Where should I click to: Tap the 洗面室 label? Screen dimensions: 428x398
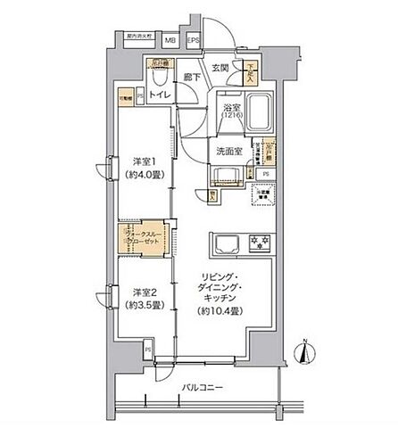230,151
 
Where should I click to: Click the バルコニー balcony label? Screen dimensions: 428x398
198,387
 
